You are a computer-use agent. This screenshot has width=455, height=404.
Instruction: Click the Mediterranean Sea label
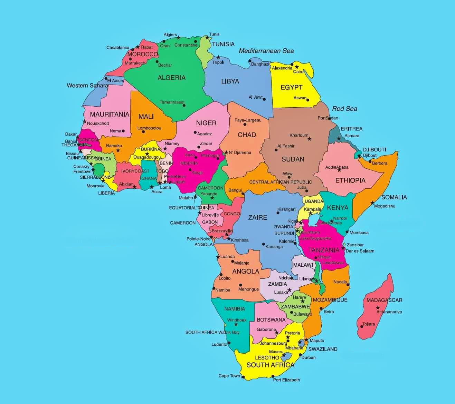[266, 51]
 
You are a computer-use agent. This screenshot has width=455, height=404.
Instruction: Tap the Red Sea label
[344, 109]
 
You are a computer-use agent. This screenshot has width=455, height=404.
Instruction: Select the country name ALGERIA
[171, 78]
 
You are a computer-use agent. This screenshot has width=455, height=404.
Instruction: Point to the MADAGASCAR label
[384, 300]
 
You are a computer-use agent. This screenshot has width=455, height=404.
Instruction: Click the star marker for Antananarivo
[378, 307]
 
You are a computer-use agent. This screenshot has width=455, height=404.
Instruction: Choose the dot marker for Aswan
[308, 100]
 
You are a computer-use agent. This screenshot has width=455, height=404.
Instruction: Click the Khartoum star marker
[309, 139]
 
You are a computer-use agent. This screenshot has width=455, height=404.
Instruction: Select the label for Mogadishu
[385, 206]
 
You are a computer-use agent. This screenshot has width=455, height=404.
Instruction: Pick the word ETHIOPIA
[350, 180]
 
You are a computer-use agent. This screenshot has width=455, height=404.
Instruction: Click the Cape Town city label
[229, 376]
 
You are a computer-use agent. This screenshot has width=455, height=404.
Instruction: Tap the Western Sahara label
[87, 86]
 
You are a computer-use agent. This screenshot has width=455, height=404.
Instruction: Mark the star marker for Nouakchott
[84, 121]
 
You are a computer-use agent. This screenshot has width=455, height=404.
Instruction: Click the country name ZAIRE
[257, 217]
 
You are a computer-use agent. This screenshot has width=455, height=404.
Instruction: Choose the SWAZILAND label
[323, 349]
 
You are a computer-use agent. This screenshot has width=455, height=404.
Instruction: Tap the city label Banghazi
[260, 64]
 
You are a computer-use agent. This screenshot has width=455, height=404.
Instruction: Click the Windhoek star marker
[236, 324]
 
